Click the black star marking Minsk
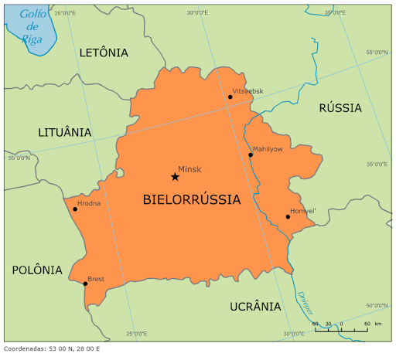coord(175,177)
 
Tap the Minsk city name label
coord(189,169)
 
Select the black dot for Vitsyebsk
coord(230,97)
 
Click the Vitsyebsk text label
coord(247,91)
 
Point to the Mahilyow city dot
coord(251,155)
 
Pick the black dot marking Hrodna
coord(75,209)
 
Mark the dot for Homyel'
coord(288,216)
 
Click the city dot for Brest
coord(85,284)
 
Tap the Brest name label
coord(96,278)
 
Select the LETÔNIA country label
coord(104,53)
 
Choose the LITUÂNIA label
coord(65,132)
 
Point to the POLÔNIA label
coord(37,270)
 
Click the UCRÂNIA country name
coord(255,306)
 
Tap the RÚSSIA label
coord(340,108)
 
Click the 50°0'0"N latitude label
coord(377,304)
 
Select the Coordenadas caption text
coord(51,348)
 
